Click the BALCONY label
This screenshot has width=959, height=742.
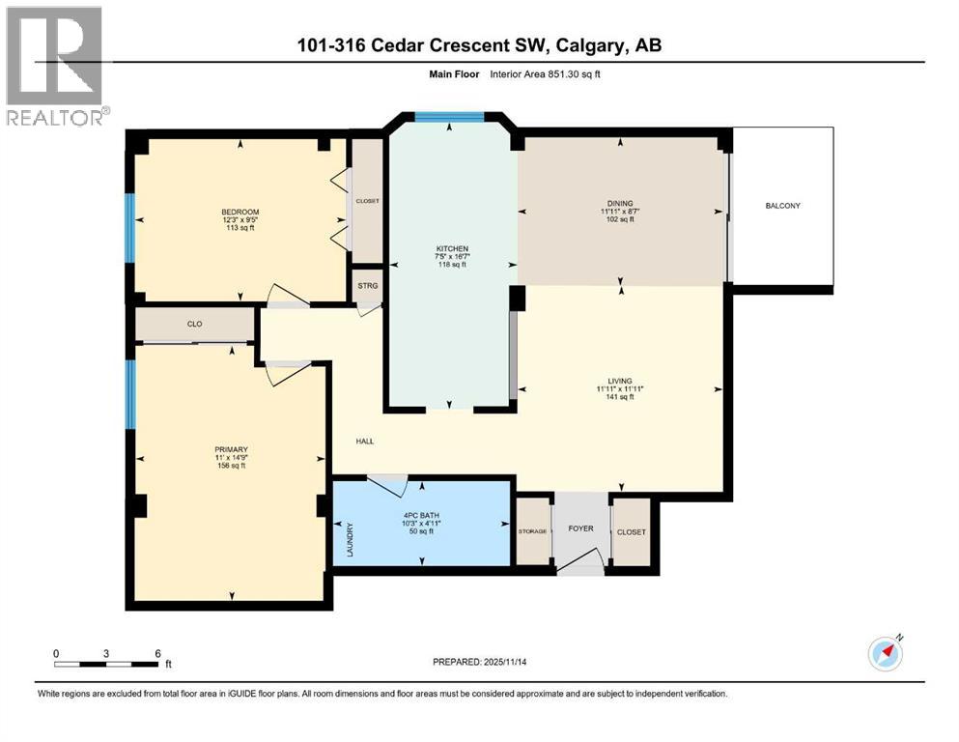(783, 206)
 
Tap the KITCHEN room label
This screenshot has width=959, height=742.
(451, 249)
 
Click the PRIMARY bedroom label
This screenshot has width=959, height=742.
(232, 449)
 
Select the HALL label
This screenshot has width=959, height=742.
(364, 442)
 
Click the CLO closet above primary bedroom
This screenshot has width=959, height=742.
(194, 325)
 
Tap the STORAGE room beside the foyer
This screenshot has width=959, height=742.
(532, 531)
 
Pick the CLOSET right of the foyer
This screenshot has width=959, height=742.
(631, 531)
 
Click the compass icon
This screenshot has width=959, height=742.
(885, 653)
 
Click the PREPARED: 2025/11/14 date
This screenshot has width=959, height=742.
(479, 662)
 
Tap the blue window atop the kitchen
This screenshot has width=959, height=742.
(449, 117)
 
